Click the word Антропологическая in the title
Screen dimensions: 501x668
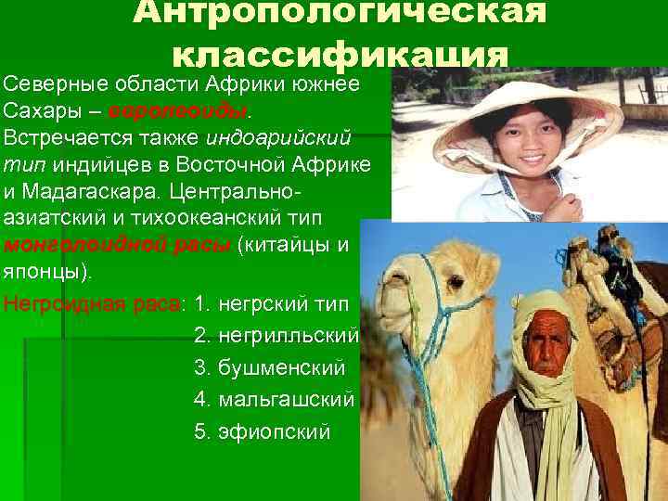(x=339, y=14)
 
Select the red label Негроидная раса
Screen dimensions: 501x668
(x=93, y=302)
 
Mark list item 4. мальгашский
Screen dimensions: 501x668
(x=274, y=400)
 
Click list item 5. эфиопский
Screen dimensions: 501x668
(x=263, y=432)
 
